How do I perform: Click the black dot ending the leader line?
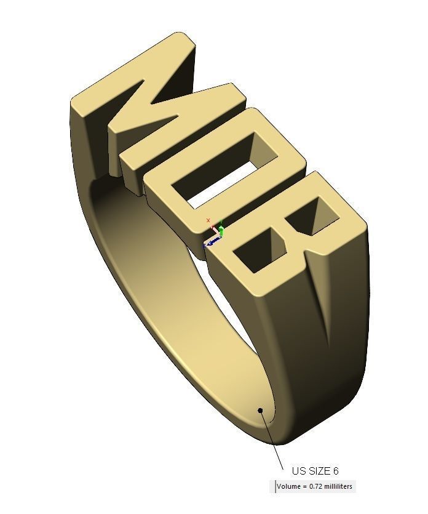point(261,411)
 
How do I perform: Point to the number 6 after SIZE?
point(336,472)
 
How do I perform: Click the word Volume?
point(289,486)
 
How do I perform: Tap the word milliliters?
point(339,486)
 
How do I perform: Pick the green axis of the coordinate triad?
point(221,231)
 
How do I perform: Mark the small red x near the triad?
point(208,220)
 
